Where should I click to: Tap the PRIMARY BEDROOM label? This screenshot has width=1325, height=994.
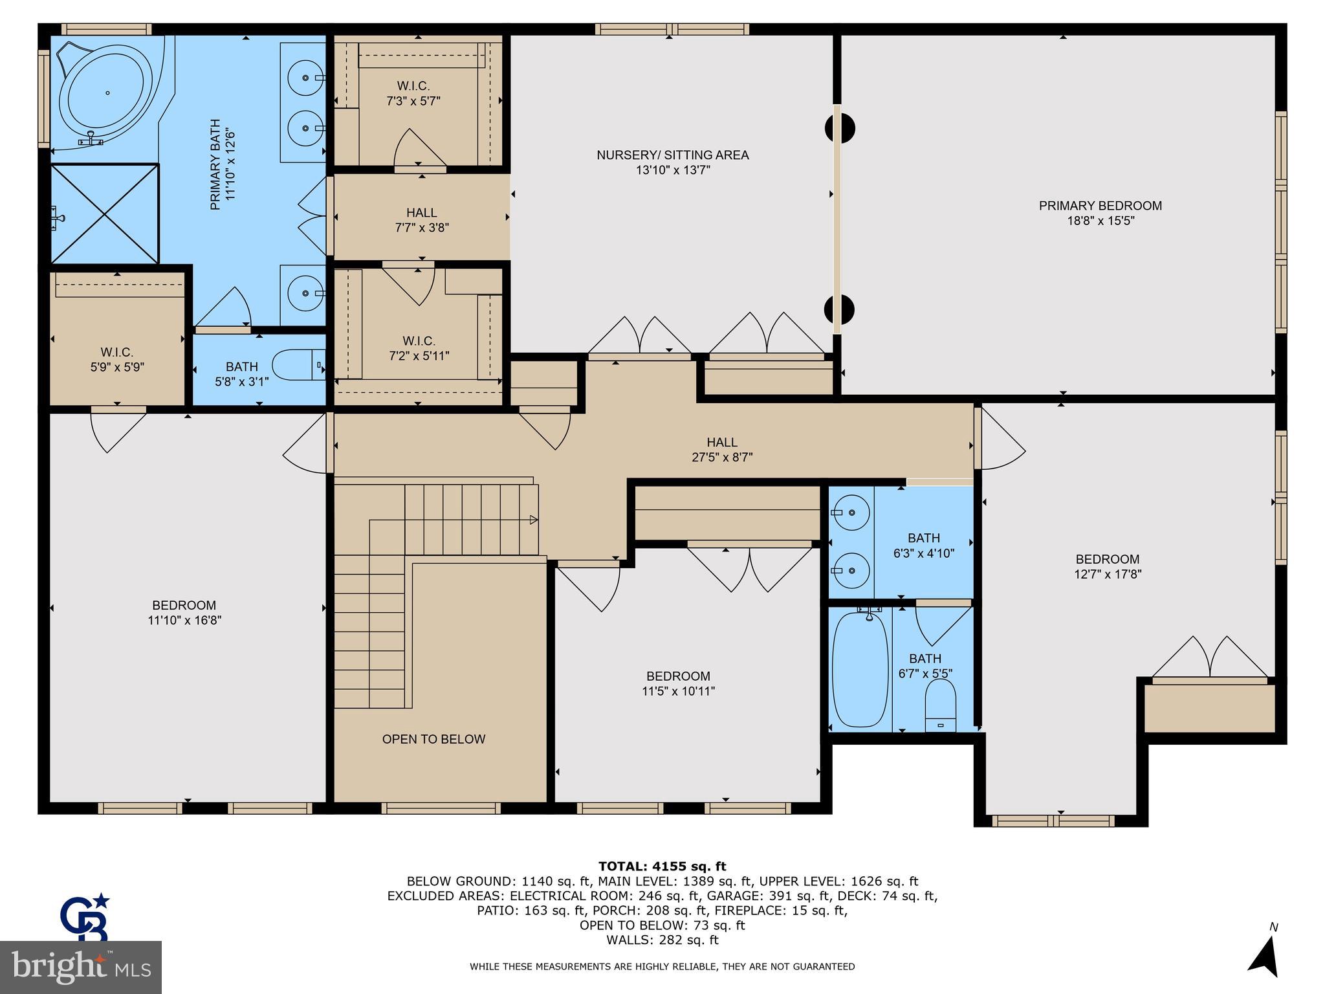(x=1100, y=206)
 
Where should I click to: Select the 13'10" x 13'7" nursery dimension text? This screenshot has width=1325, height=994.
(x=673, y=170)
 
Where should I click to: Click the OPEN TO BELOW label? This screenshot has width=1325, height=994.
(x=433, y=739)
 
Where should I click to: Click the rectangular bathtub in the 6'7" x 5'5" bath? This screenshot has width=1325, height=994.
(x=859, y=669)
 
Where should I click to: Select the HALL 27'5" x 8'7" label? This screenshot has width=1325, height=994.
(x=721, y=450)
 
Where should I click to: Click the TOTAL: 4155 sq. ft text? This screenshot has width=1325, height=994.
(x=662, y=866)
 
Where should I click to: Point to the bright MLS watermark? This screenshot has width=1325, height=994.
(x=81, y=967)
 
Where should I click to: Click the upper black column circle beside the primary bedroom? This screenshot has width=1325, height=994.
(x=840, y=128)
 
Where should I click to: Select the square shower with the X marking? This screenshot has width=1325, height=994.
(x=105, y=214)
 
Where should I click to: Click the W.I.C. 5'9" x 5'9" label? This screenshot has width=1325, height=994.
(x=117, y=359)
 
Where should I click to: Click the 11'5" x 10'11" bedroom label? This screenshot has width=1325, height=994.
(x=678, y=683)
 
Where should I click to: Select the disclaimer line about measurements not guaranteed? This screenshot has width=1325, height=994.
(x=662, y=966)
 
